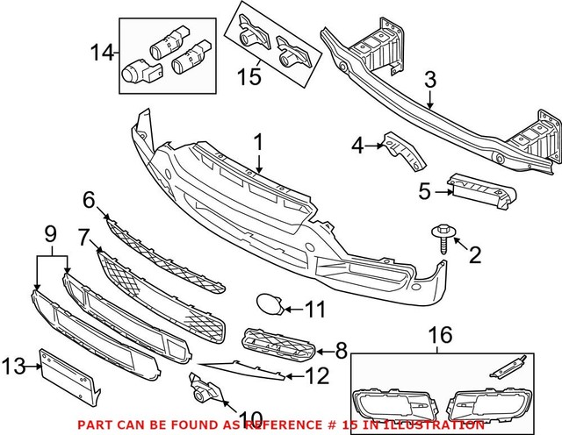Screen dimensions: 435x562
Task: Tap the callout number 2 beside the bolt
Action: [x=475, y=255]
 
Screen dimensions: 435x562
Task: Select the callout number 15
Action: [x=252, y=77]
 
